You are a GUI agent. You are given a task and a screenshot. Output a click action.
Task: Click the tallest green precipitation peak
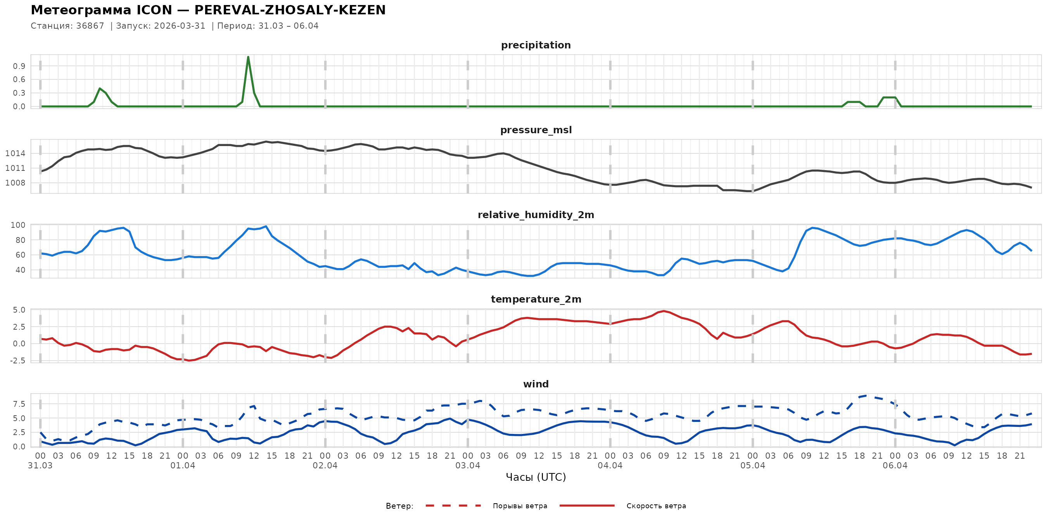coord(248,57)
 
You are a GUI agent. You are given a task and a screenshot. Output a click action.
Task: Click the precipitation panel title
coord(536,45)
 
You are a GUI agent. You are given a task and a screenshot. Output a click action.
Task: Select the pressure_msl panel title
coord(536,130)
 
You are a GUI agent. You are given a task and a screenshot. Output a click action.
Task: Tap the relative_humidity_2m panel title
coord(536,215)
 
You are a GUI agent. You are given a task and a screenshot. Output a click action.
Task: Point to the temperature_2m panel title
coord(536,299)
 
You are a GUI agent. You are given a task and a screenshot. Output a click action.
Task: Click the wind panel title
coord(536,384)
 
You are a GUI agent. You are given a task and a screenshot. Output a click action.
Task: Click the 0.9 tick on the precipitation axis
coord(19,66)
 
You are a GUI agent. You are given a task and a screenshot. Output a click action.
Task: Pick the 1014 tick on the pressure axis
coord(15,153)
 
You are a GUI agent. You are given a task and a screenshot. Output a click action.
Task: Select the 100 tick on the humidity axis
coord(18,225)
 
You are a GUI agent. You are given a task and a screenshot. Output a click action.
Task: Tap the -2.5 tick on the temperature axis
coord(16,361)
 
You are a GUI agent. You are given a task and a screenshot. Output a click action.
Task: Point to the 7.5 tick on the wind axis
coord(19,404)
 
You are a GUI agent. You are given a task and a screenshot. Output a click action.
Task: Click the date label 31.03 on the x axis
coord(40,466)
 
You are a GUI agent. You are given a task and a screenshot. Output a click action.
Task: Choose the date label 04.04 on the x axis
coord(610,466)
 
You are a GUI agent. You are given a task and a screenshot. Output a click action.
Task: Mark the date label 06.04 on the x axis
coord(895,466)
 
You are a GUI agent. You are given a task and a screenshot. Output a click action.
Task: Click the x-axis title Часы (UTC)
coord(536,477)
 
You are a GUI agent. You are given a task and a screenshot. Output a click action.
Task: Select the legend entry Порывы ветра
coord(520,506)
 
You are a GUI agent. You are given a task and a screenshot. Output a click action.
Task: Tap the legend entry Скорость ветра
coord(656,506)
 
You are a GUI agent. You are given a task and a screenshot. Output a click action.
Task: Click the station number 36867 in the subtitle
coord(90,26)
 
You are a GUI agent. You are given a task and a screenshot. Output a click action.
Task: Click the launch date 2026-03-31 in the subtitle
coord(180,26)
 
